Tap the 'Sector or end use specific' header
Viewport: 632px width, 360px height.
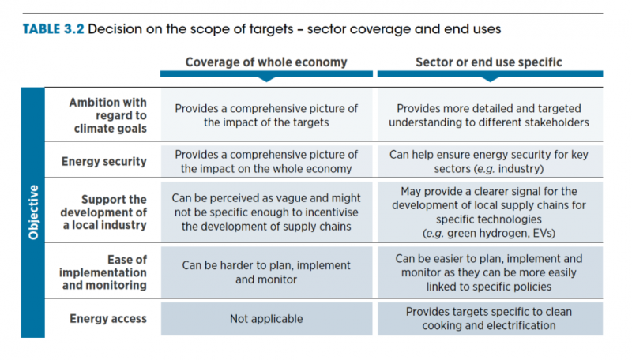[489, 62]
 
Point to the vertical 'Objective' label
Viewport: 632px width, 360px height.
[33, 213]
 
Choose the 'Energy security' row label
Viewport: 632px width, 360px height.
[104, 162]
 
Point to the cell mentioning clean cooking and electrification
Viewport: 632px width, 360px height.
[489, 319]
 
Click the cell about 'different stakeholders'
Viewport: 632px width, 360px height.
[489, 115]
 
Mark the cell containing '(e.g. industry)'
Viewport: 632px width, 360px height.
[489, 162]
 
